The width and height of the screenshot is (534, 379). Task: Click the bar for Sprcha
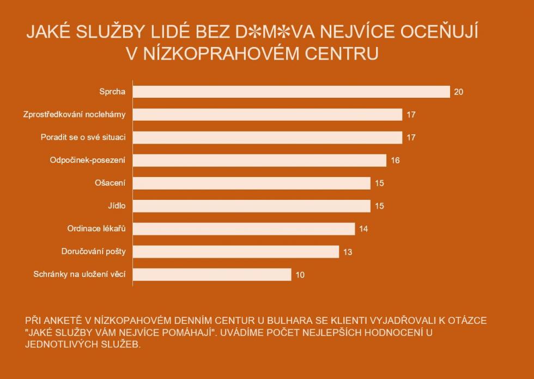coord(291,92)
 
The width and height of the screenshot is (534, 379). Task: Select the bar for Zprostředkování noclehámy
coord(267,115)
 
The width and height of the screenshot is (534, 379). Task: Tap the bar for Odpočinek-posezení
coord(259,160)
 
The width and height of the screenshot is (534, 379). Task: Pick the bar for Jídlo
coord(251,206)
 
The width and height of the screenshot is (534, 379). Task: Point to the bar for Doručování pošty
coord(235,251)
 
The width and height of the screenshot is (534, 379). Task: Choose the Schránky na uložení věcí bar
coord(212,274)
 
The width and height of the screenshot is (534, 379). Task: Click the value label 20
coord(458,92)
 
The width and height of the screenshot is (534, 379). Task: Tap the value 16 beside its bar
coord(395,161)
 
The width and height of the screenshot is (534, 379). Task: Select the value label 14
coord(363,229)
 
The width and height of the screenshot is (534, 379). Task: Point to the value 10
coord(300,275)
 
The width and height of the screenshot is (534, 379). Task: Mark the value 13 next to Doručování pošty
coord(348,252)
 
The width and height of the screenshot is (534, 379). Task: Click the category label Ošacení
coord(110,183)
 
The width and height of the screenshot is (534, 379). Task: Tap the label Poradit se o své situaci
coord(83,137)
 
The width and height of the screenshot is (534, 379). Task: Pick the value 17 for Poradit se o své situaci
coord(411,138)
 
